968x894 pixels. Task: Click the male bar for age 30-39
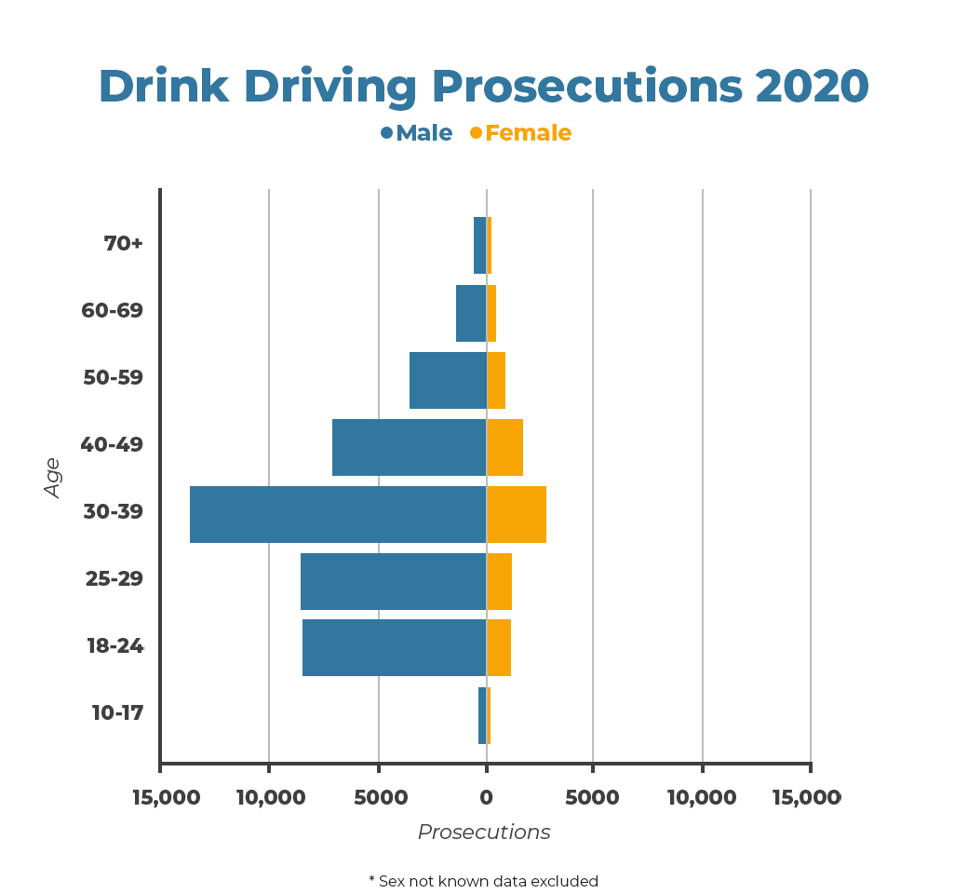click(x=338, y=514)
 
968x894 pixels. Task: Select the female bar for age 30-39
click(x=517, y=514)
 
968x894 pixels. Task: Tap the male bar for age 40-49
click(x=410, y=447)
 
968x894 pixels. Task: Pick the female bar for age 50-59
click(x=496, y=380)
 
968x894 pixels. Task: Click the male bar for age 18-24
click(x=395, y=648)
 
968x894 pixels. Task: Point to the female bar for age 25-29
click(x=499, y=581)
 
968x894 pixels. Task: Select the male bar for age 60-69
click(x=471, y=313)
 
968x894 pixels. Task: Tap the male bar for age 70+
click(x=479, y=246)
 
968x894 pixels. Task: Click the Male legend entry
click(x=417, y=133)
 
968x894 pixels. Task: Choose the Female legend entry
click(x=521, y=133)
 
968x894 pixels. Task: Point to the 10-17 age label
click(x=117, y=713)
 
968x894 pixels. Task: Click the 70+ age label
click(x=124, y=244)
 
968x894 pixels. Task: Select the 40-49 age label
click(x=112, y=445)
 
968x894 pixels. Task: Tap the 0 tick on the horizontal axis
click(x=486, y=798)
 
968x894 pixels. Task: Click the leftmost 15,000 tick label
click(x=168, y=798)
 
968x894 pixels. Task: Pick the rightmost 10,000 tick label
click(x=703, y=798)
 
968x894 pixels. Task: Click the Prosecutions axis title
click(x=484, y=833)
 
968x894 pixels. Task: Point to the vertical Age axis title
click(x=52, y=477)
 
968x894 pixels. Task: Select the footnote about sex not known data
click(x=484, y=881)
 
